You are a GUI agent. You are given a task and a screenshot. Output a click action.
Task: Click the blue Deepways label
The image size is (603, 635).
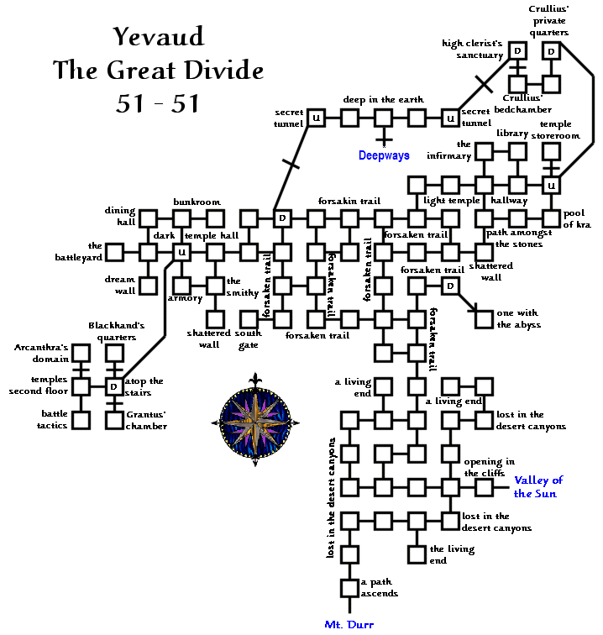(384, 155)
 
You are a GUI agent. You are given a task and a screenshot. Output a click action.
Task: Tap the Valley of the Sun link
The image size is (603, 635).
(538, 487)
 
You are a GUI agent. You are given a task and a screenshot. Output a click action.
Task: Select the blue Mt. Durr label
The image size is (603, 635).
(349, 624)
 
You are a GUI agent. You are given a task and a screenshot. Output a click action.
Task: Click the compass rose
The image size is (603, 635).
(255, 422)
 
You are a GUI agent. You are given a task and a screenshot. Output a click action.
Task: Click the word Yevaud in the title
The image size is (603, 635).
(159, 36)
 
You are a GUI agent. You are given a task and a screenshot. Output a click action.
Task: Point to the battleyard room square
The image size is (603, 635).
(115, 252)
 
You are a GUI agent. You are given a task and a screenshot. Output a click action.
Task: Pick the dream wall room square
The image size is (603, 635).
(148, 286)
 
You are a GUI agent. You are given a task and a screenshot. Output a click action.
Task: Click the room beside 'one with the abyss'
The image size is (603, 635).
(484, 319)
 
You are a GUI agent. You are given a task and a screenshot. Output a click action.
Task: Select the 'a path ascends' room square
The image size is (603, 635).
(349, 588)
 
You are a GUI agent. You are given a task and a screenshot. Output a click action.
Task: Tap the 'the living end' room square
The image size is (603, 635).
(417, 554)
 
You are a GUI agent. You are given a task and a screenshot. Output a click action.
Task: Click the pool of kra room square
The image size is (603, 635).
(551, 218)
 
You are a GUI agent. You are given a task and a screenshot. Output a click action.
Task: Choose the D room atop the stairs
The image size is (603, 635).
(114, 386)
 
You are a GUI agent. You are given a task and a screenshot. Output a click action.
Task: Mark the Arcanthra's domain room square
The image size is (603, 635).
(81, 353)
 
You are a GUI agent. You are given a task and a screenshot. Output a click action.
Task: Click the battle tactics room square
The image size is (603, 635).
(81, 420)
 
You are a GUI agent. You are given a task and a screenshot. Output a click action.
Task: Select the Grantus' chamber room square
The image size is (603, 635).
(114, 420)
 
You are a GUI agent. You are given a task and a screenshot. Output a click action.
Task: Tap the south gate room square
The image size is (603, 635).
(249, 319)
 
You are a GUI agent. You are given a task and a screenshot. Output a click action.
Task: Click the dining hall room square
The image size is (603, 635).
(148, 218)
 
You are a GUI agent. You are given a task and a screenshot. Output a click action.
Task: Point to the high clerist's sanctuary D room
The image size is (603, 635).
(517, 51)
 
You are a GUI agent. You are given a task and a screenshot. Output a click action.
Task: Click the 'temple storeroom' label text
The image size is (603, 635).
(555, 129)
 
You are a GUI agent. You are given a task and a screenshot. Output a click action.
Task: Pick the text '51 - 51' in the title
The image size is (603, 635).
(158, 103)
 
